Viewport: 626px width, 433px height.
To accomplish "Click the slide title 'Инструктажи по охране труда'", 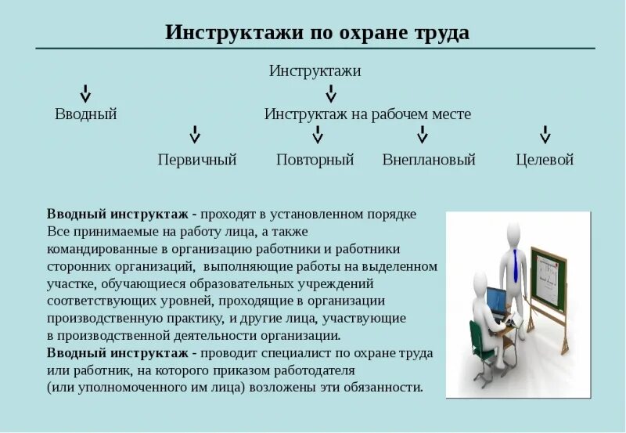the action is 317,33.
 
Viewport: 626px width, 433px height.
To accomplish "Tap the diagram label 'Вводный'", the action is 86,114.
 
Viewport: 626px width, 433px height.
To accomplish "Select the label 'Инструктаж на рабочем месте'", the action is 367,114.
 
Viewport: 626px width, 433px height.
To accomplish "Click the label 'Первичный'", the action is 197,160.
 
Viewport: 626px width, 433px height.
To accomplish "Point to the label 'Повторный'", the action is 315,160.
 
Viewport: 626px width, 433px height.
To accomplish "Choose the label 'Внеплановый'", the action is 429,160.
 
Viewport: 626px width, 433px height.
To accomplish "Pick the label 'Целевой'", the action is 545,160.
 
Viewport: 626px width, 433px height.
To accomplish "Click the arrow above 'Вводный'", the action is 86,93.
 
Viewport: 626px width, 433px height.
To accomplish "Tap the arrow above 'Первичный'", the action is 196,135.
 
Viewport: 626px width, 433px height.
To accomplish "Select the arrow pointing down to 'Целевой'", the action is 545,135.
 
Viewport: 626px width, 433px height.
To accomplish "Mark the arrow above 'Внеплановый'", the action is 423,135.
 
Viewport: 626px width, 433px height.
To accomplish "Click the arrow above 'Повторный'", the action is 318,135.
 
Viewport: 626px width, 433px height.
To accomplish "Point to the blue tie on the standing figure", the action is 516,266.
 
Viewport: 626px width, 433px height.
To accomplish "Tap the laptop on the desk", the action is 496,301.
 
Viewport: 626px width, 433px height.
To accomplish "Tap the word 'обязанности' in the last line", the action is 378,387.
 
